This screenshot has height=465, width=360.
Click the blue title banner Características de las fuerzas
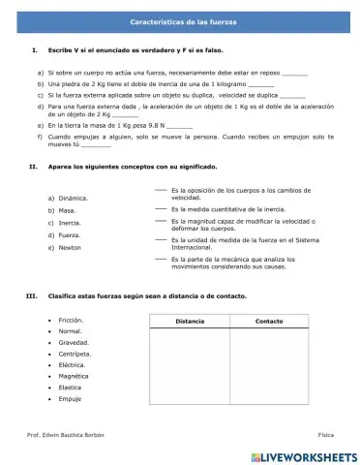click(x=180, y=20)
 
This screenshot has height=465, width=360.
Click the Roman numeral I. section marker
click(x=35, y=49)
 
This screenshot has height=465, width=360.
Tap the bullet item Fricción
click(x=72, y=320)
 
